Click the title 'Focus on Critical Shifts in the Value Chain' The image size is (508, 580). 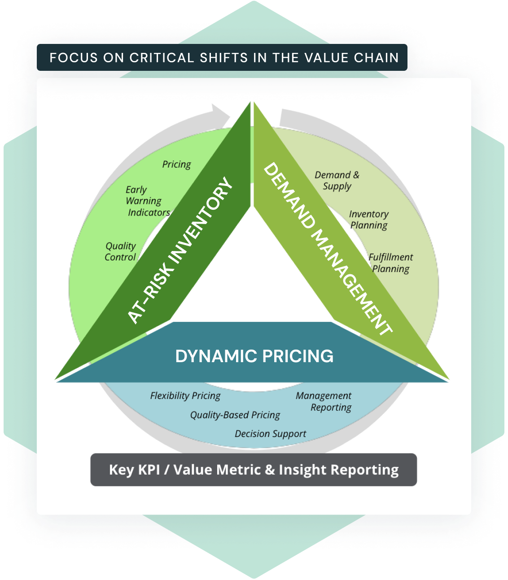click(224, 58)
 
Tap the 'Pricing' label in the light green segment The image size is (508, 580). click(176, 164)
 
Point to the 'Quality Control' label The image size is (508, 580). click(120, 251)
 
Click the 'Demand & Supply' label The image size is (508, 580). click(337, 180)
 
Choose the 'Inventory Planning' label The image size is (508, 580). click(368, 220)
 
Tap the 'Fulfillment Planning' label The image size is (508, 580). click(390, 263)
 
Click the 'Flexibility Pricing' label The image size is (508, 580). click(185, 396)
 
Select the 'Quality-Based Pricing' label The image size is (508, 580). click(235, 415)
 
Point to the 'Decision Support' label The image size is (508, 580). click(270, 434)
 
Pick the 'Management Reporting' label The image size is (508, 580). click(324, 401)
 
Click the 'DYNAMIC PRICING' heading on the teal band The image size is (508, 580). click(254, 356)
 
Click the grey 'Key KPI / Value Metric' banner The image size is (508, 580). click(254, 470)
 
